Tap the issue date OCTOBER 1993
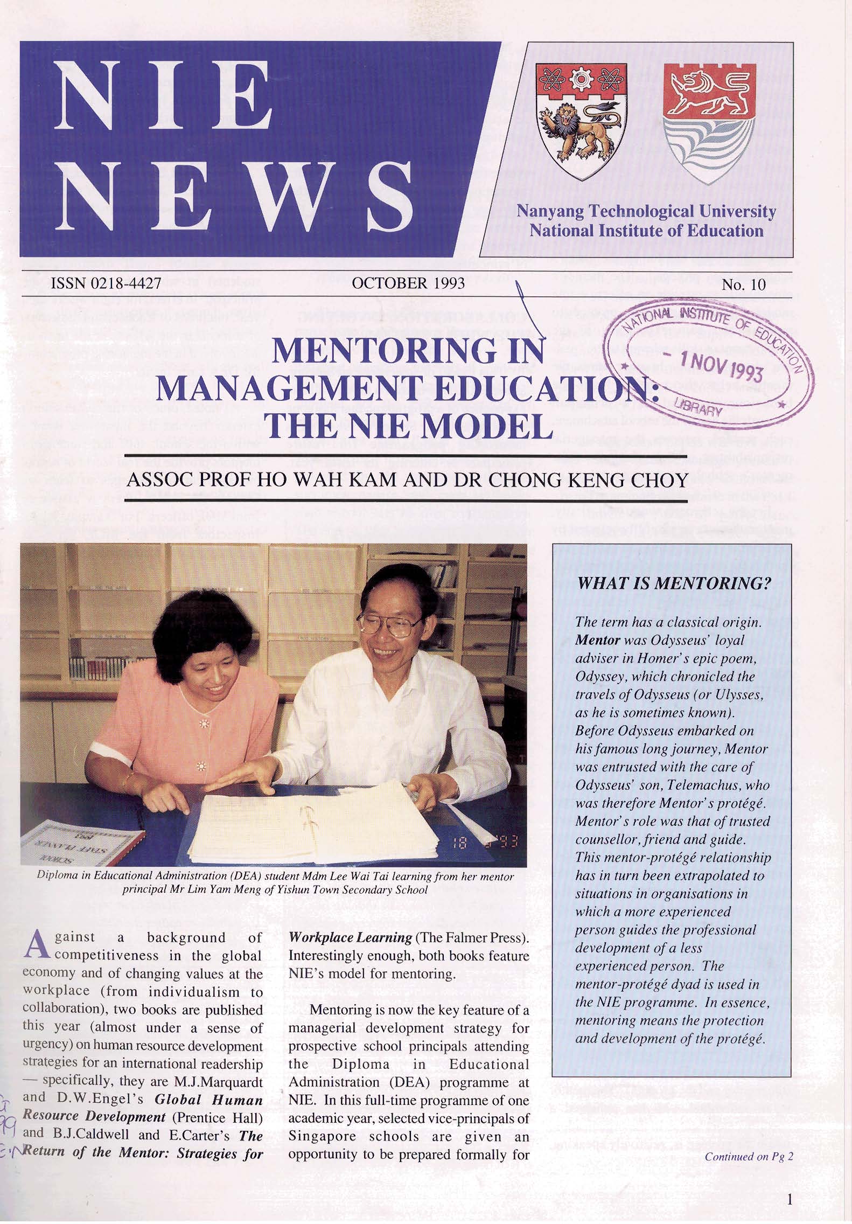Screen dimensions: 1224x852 pos(407,284)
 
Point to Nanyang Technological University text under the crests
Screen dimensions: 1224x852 pos(646,212)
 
